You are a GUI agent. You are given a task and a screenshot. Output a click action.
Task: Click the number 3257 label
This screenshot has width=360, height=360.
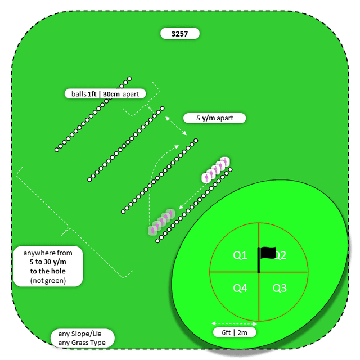click(180, 34)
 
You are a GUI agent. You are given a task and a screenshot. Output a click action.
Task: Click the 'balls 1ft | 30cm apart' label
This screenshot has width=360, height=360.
click(105, 94)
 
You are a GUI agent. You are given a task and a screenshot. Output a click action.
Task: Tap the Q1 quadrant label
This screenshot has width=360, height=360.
click(240, 255)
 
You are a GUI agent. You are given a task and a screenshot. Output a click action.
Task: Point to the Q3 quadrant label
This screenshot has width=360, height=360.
click(280, 288)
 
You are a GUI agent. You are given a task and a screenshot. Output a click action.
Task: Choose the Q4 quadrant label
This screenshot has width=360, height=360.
click(240, 288)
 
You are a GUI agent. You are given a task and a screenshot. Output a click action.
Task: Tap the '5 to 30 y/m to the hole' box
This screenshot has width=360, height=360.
click(48, 266)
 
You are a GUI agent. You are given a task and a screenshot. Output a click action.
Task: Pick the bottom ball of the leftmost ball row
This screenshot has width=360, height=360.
click(57, 150)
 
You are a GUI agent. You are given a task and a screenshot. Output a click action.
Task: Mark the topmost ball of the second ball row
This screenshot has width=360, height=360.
click(163, 108)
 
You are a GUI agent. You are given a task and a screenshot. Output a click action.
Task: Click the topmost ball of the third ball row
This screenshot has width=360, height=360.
click(195, 140)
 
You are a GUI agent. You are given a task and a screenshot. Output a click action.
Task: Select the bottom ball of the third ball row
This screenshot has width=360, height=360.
click(123, 211)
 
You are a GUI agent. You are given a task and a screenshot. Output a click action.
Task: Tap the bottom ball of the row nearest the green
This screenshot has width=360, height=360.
click(158, 240)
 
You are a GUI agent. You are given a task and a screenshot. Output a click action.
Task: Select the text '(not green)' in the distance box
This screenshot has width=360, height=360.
click(48, 280)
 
